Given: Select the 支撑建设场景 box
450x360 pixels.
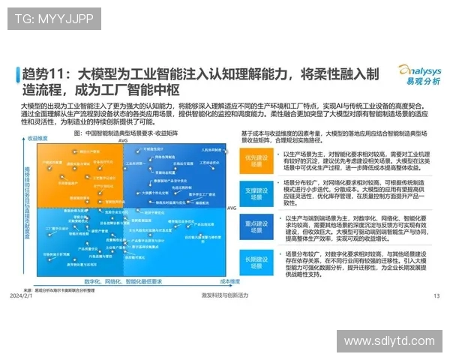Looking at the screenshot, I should click(257, 191).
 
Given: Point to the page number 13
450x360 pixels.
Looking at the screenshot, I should click(436, 295).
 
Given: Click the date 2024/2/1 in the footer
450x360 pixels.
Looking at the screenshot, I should click(22, 295).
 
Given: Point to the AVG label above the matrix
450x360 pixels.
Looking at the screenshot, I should click(122, 140).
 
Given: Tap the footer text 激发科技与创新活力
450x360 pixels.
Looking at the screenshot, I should click(224, 295).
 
